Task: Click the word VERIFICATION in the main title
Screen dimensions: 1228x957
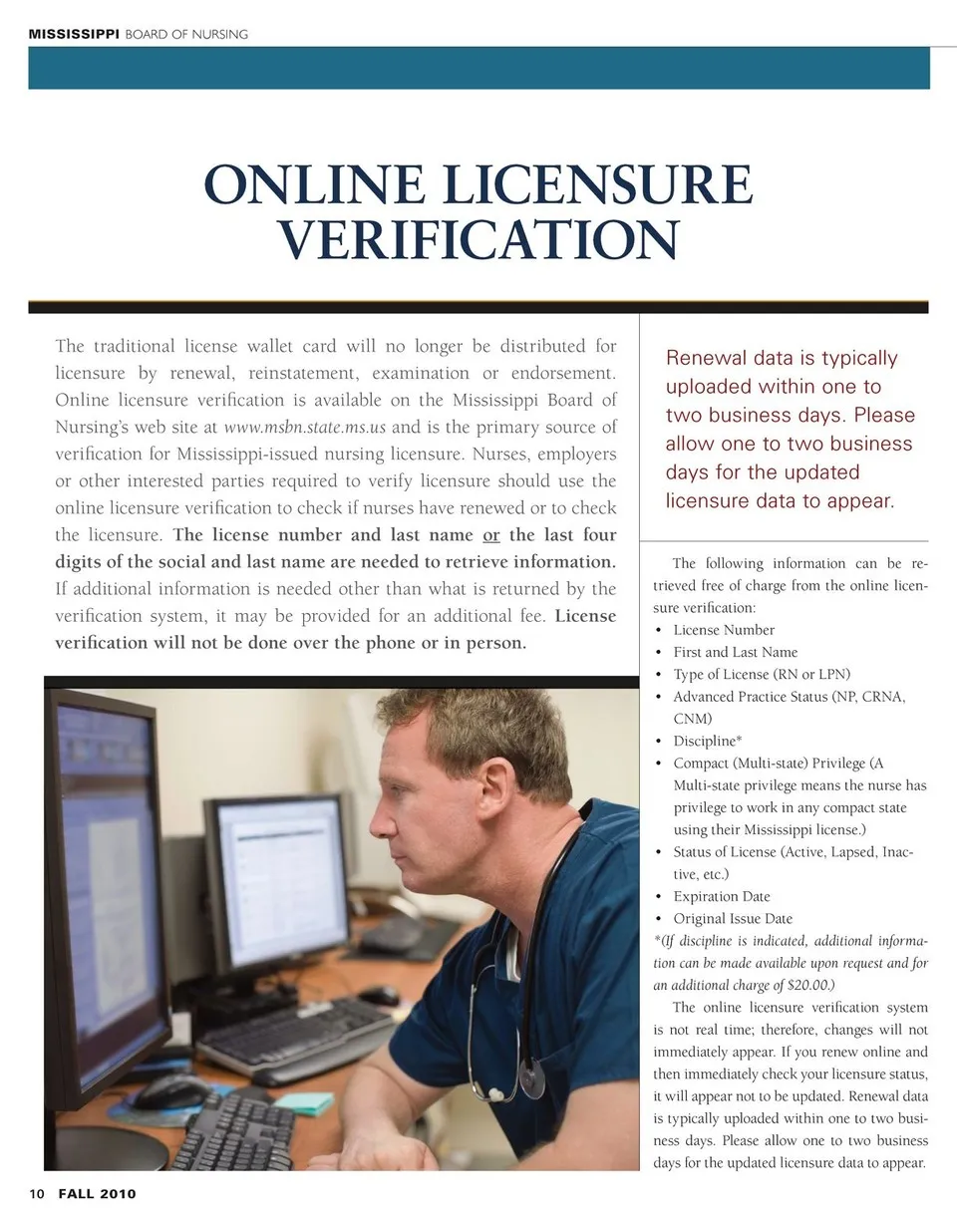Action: [x=478, y=240]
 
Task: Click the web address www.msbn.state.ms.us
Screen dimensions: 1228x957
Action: [x=304, y=428]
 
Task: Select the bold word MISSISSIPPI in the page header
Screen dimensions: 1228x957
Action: [x=74, y=34]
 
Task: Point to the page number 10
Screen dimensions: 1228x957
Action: [x=37, y=1194]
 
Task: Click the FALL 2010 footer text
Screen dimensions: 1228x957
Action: [x=97, y=1194]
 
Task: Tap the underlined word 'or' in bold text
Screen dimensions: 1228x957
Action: [x=490, y=535]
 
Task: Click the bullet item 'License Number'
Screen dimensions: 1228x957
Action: [x=724, y=630]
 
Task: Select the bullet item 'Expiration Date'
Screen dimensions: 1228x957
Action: [x=722, y=896]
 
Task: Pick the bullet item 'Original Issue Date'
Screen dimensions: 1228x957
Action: [x=733, y=918]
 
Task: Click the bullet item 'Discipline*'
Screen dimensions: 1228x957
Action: [x=708, y=741]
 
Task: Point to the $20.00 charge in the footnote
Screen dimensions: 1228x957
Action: [x=810, y=985]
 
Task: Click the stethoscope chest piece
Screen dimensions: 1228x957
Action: [x=531, y=1079]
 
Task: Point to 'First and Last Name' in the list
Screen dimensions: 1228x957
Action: [x=736, y=652]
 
